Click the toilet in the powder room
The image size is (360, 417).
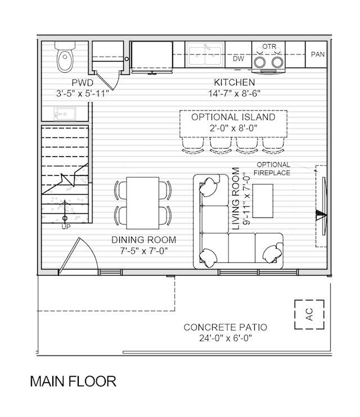coord(65,56)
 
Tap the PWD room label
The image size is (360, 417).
coord(83,83)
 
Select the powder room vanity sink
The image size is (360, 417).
coord(65,114)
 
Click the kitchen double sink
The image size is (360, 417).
coord(205,55)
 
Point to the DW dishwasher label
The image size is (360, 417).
coord(238,59)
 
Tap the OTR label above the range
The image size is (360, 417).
coord(269,47)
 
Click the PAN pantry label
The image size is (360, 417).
coord(318,54)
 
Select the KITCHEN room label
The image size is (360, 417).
coord(234,82)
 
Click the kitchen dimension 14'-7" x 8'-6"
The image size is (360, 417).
coord(234,93)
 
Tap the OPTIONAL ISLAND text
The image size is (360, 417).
coord(233,117)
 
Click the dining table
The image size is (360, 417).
coord(143,203)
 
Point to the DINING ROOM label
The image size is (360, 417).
coord(143,240)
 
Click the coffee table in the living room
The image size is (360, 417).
coord(263,201)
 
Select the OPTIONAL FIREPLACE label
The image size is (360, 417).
coord(272,169)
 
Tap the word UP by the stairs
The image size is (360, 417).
coord(66,227)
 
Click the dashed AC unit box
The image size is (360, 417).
coord(309,315)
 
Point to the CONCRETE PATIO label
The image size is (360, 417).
coord(225,327)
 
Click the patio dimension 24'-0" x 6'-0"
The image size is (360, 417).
coord(226,338)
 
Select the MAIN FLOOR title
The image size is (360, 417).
coord(73,382)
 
